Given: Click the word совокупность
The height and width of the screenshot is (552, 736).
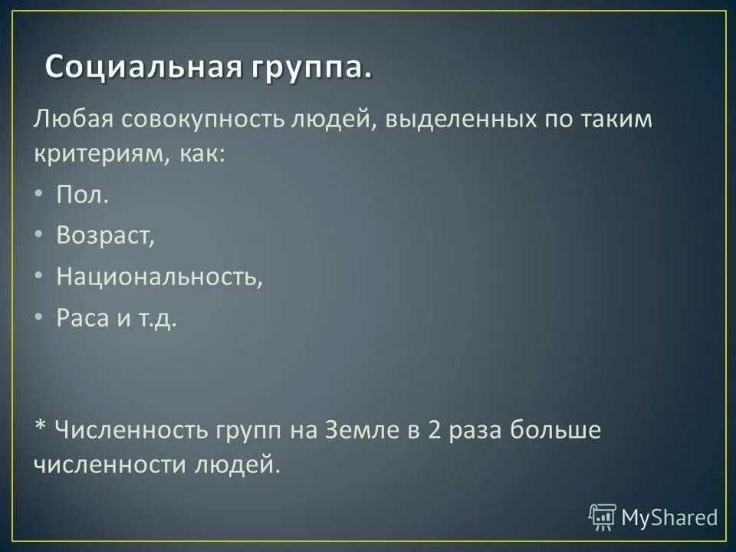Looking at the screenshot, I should click(201, 120).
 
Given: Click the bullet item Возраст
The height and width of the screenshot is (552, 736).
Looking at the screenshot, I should click(105, 236).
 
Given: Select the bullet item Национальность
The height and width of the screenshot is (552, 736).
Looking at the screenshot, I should click(159, 277).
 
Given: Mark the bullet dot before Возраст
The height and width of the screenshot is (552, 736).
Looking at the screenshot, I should click(40, 235).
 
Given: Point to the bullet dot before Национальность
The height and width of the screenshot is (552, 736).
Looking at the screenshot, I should click(40, 276).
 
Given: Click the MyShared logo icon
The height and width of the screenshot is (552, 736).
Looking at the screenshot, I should click(603, 517).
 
